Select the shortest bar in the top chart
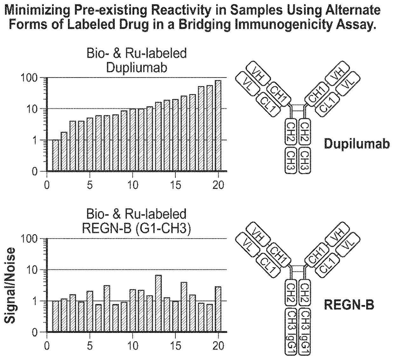[x=56, y=156]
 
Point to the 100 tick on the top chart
[x=33, y=78]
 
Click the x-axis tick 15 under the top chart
[x=175, y=185]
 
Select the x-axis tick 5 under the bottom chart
[x=90, y=345]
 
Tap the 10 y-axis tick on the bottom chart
[x=36, y=270]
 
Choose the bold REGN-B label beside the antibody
[x=349, y=305]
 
